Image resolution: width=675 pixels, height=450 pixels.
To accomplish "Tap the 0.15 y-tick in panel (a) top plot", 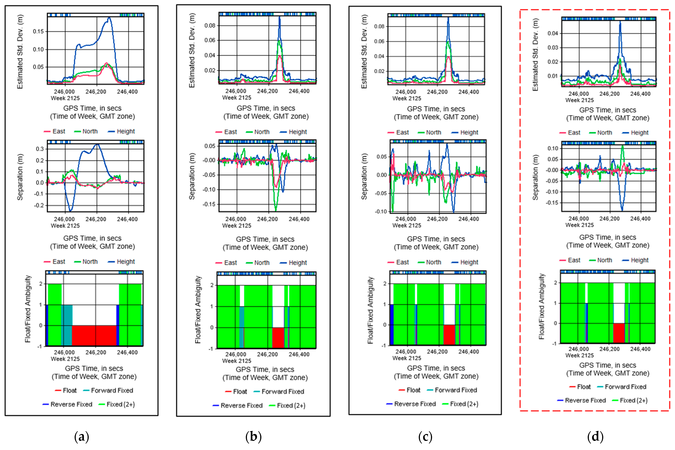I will [x=38, y=31].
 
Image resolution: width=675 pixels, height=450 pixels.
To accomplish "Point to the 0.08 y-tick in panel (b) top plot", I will [x=210, y=26].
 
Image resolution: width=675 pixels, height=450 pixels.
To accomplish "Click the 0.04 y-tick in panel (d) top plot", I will [x=552, y=33].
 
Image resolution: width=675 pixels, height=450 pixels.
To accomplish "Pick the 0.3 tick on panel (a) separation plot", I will [x=40, y=149].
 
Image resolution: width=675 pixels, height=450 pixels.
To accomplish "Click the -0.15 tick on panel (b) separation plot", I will [x=209, y=204].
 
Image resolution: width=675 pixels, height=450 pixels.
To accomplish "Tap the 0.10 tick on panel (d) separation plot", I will [x=552, y=148].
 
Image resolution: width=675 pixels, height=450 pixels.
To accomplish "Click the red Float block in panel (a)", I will [x=94, y=335].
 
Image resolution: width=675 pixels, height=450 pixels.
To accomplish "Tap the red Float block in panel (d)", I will [x=619, y=333].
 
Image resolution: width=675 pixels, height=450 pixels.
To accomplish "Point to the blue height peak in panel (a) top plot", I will [x=109, y=18].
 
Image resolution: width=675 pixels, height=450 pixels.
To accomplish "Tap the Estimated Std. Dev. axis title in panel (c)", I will [x=364, y=52].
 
